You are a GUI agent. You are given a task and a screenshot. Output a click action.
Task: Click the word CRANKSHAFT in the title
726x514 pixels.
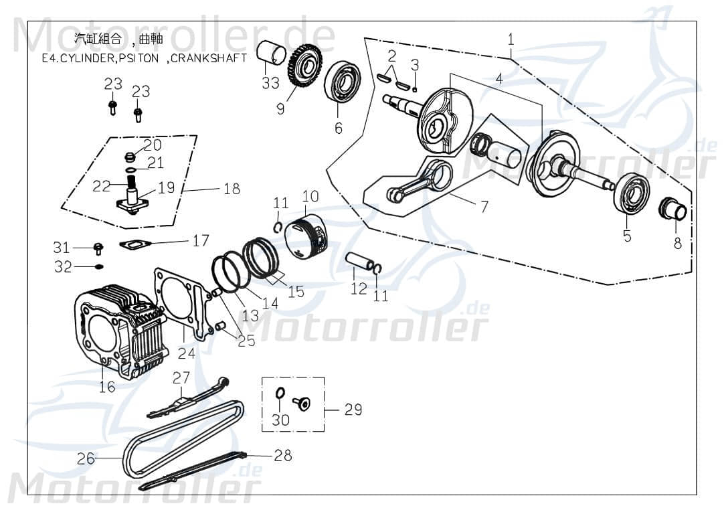[209, 58]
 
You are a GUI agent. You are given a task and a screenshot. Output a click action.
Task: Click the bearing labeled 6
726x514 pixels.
[343, 83]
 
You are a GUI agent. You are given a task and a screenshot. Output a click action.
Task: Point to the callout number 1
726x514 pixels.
[511, 39]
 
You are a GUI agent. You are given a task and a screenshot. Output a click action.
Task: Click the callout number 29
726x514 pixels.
[353, 409]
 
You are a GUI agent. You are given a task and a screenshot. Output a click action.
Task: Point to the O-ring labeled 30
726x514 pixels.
[280, 393]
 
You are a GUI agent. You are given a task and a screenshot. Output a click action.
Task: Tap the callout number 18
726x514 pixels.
[232, 189]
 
